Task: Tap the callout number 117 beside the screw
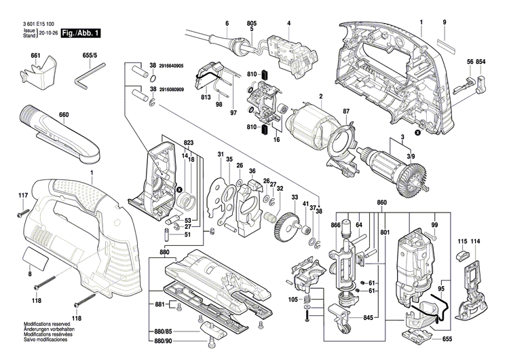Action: coord(23,196)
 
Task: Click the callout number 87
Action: coord(345,111)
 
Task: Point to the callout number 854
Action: coord(480,62)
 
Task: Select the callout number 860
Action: coord(381,203)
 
